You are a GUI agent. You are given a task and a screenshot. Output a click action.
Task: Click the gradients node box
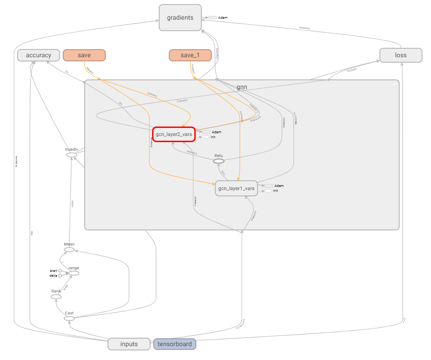180,18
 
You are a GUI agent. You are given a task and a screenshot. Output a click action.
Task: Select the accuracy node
38,55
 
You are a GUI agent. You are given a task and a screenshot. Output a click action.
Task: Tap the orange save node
84,55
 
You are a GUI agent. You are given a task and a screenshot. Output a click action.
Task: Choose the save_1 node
190,55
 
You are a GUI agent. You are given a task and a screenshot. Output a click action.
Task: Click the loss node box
401,55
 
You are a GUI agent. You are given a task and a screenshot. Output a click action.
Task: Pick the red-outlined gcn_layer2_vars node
174,135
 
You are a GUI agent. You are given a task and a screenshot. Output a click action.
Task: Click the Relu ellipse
218,161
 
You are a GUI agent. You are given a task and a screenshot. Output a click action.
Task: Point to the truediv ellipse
72,155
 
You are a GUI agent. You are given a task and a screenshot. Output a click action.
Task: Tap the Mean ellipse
69,250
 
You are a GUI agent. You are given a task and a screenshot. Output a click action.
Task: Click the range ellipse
73,273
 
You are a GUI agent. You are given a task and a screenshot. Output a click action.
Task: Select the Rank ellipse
56,296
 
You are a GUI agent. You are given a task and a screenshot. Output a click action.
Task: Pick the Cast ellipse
69,318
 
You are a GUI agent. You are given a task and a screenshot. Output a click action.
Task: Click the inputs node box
129,344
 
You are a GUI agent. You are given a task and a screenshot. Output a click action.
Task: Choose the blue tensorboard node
175,344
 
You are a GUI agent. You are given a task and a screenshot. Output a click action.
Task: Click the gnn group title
242,87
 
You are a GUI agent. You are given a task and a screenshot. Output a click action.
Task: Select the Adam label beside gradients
222,18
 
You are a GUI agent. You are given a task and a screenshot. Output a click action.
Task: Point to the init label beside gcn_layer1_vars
276,191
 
